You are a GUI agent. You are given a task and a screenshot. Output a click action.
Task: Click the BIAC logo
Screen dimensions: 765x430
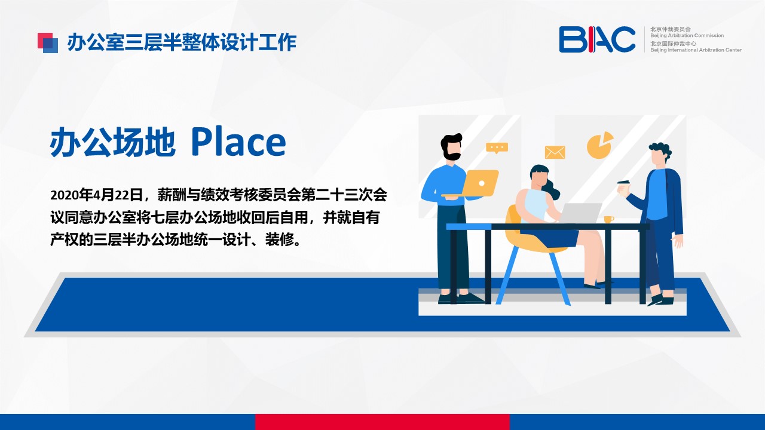tap(597, 39)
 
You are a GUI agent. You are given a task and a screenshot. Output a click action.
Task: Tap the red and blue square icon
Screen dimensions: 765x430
tap(48, 42)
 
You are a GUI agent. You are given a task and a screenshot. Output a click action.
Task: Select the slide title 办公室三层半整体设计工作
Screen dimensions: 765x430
tap(182, 42)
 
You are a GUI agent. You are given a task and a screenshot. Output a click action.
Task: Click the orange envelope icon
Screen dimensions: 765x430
tap(555, 152)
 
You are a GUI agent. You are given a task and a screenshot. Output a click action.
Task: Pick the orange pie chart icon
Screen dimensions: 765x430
tap(600, 145)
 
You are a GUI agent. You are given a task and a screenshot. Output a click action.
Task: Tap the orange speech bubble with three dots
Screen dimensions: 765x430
tap(497, 148)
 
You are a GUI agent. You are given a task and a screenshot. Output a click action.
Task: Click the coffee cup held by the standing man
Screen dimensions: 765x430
tap(623, 188)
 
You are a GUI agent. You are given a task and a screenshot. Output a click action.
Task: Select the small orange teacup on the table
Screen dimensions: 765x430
tap(608, 219)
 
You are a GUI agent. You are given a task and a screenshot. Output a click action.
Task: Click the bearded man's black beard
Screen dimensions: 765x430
tap(451, 154)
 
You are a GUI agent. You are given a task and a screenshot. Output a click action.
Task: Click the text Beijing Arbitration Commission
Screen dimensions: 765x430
tap(687, 35)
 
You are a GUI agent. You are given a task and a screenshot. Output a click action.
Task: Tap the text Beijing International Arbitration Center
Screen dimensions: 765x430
tap(696, 50)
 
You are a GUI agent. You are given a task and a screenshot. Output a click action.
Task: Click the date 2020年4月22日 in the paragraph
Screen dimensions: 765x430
tap(96, 195)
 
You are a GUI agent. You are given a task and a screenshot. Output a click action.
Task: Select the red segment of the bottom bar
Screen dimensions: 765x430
tap(382, 422)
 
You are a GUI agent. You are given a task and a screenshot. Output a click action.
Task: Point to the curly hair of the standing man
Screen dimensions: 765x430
tap(661, 150)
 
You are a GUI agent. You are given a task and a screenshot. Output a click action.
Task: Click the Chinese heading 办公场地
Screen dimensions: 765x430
tap(112, 142)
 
